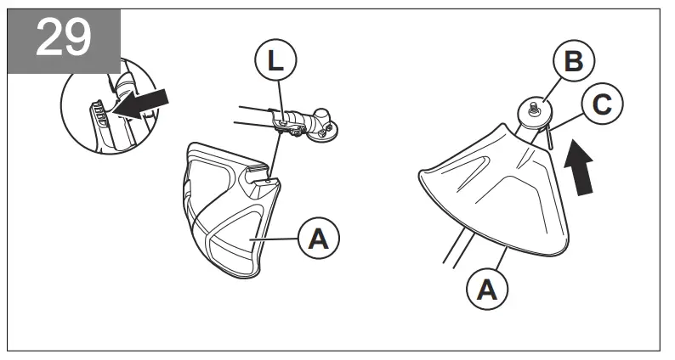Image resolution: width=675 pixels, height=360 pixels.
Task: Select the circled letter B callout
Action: [573, 63]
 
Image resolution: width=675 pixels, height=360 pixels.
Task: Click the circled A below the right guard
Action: [487, 290]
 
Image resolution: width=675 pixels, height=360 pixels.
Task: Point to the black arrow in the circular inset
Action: [141, 105]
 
